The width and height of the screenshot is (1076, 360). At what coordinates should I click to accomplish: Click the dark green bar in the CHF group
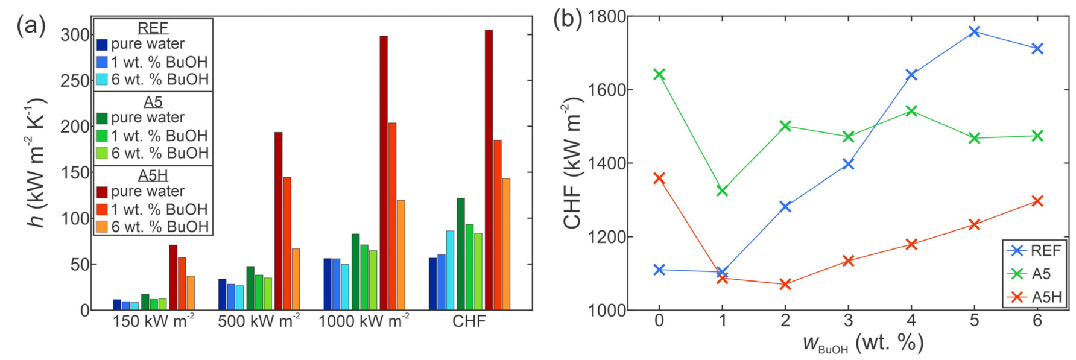point(461,254)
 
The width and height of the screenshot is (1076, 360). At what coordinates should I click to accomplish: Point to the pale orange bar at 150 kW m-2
point(191,293)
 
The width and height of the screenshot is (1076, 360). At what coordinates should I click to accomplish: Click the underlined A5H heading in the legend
point(153,175)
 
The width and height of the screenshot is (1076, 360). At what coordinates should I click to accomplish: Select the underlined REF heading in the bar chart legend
point(153,28)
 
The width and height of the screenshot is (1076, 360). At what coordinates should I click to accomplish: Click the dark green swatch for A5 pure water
point(102,118)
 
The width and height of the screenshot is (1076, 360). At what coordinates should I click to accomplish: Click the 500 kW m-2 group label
point(259,321)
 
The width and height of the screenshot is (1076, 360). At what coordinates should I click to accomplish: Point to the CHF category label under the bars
point(469,321)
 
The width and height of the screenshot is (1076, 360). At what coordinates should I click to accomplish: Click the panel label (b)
point(567,20)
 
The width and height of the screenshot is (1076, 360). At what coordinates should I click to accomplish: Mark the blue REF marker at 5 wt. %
point(975,31)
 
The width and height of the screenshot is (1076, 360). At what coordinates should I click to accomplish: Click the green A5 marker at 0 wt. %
point(659,74)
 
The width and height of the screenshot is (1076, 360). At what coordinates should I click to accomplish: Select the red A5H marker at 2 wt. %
point(785,284)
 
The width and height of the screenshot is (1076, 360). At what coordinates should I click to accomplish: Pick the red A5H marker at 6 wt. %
point(1037,201)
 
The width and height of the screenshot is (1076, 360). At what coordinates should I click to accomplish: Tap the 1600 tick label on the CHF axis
point(607,90)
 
